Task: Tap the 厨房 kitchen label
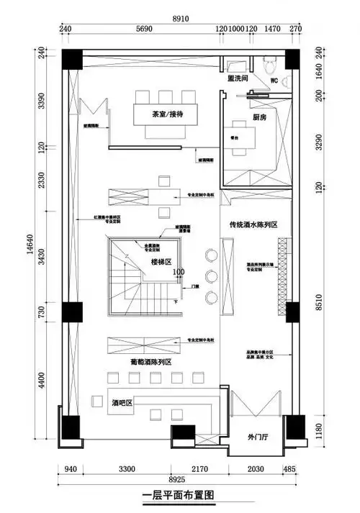click(260, 118)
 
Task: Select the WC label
click(273, 81)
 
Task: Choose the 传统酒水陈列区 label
click(254, 224)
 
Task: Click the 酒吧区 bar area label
click(125, 404)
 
